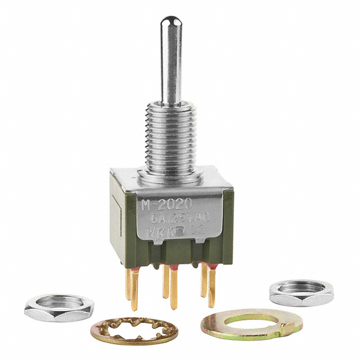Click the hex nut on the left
pyautogui.click(x=51, y=307)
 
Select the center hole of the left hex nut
pyautogui.click(x=52, y=301)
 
